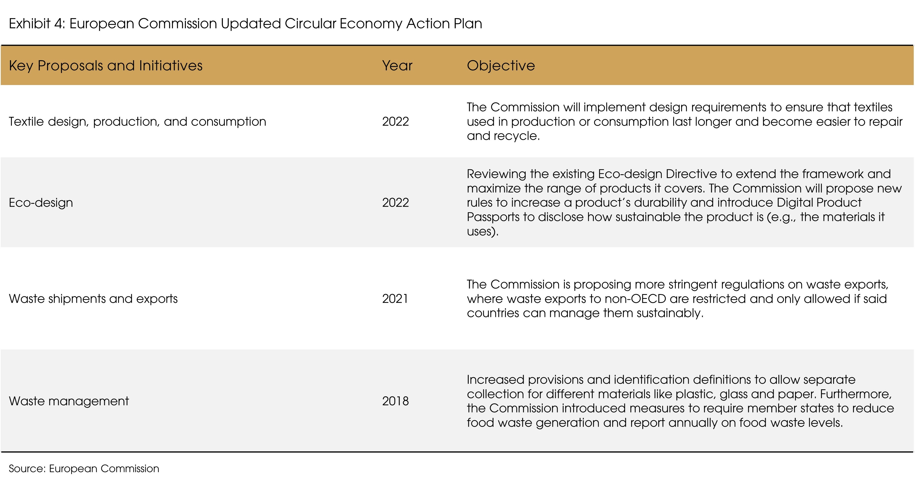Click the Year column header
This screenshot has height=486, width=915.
[397, 66]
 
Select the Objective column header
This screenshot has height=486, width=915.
[501, 66]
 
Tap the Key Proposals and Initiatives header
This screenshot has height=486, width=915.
[105, 66]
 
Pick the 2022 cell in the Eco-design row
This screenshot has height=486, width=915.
[395, 203]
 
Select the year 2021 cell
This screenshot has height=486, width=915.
[395, 299]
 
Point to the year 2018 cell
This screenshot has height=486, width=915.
[395, 401]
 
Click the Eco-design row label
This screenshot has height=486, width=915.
[41, 203]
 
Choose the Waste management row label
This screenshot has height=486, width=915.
[69, 401]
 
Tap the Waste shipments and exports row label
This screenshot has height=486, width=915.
[93, 299]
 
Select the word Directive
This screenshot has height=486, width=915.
[691, 174]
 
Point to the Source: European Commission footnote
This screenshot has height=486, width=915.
[84, 469]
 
